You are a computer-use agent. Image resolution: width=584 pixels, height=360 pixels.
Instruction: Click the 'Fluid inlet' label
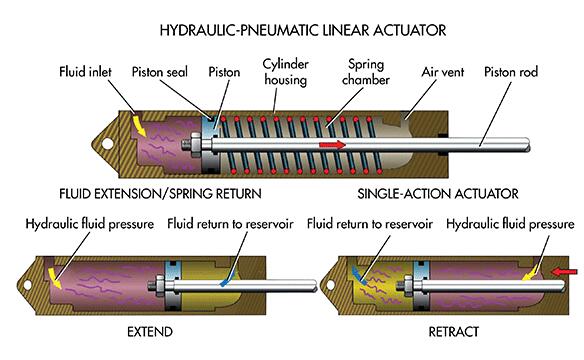tap(85, 71)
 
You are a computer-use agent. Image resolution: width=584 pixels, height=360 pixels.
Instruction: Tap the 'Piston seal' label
tap(159, 72)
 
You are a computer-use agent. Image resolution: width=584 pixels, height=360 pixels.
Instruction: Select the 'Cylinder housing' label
tap(286, 72)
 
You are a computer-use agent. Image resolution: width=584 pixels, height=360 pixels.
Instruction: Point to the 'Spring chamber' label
tap(366, 72)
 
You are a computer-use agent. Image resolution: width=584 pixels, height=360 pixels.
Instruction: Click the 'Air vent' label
tap(442, 72)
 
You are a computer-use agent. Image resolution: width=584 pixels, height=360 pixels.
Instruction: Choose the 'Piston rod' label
tap(511, 72)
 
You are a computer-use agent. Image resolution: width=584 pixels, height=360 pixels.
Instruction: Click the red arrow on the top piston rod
tap(332, 144)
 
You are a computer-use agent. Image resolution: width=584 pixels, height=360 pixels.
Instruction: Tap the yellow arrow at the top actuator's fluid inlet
tap(139, 126)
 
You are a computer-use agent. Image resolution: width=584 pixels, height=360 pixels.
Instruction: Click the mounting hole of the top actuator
tap(107, 144)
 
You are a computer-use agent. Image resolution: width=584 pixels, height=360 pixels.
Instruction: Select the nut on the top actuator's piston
tap(195, 144)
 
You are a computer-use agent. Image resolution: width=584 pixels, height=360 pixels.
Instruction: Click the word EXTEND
tap(150, 332)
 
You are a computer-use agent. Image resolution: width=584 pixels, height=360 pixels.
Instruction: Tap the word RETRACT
tap(453, 332)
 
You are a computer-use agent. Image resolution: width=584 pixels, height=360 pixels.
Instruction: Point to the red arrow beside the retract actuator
tap(564, 272)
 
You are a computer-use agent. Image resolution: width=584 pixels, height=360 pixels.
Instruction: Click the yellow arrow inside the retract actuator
tap(530, 275)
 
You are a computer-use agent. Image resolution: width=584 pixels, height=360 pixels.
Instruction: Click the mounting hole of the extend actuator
tap(27, 285)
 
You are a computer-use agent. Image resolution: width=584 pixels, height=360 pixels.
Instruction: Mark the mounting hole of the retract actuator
tap(330, 285)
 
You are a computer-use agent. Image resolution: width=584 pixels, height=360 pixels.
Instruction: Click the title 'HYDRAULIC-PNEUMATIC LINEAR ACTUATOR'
tap(303, 30)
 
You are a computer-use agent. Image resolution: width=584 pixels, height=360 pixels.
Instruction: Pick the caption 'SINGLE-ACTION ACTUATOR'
tap(438, 194)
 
